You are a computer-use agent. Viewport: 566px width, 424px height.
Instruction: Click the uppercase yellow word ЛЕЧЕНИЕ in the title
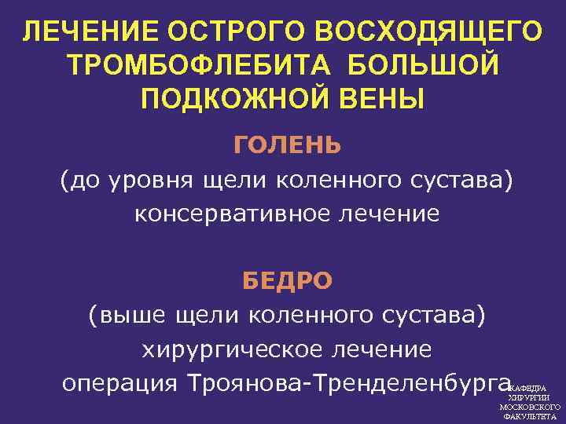[82, 32]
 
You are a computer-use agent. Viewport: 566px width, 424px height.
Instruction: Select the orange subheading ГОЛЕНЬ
[287, 146]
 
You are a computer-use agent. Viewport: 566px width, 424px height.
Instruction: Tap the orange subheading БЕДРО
[287, 281]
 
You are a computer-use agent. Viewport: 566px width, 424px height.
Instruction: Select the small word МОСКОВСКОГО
[529, 408]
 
